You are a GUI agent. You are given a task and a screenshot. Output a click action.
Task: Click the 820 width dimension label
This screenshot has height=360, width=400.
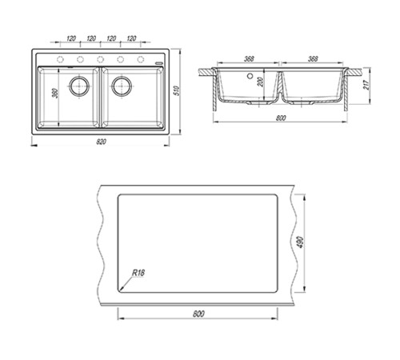pos(101,142)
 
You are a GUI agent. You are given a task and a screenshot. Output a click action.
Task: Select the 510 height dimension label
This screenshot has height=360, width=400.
pos(177,90)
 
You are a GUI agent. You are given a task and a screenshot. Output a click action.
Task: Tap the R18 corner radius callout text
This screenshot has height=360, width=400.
pos(138,273)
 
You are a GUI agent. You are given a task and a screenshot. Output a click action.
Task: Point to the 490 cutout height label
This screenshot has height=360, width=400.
pos(300,242)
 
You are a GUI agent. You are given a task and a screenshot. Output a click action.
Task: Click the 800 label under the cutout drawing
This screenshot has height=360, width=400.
pos(198,314)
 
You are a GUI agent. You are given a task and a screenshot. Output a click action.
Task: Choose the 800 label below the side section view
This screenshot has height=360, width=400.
pos(281,118)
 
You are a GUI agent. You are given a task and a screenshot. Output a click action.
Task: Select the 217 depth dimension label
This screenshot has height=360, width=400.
pos(366,85)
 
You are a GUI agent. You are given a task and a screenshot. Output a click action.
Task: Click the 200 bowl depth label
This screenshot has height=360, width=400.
pos(261,82)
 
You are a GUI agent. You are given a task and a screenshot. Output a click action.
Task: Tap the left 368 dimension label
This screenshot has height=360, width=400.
pos(249,58)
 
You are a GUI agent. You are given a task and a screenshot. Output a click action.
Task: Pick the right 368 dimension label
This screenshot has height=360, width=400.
pos(313,58)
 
